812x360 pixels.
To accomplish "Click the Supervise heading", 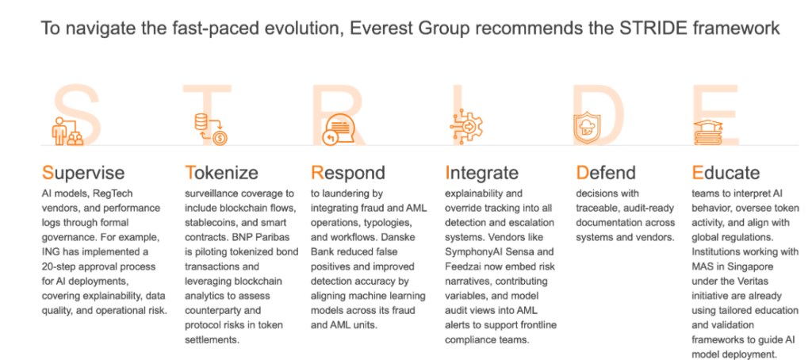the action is pos(82,173).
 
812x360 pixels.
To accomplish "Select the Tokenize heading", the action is pos(222,172).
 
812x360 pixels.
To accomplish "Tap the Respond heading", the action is pos(348,173).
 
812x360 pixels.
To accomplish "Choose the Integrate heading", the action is pos(482,173).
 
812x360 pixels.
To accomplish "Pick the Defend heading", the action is pos(606,172).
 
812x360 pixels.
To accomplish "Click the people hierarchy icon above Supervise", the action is pos(67,131).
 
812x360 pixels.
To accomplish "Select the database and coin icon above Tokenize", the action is pos(211,129).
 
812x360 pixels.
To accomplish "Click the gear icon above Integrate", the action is pos(466,124).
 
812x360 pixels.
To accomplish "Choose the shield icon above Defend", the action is pos(587,128).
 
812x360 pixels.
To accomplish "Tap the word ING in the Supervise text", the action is pos(50,252).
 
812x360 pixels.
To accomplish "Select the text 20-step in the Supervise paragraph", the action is pos(60,267).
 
